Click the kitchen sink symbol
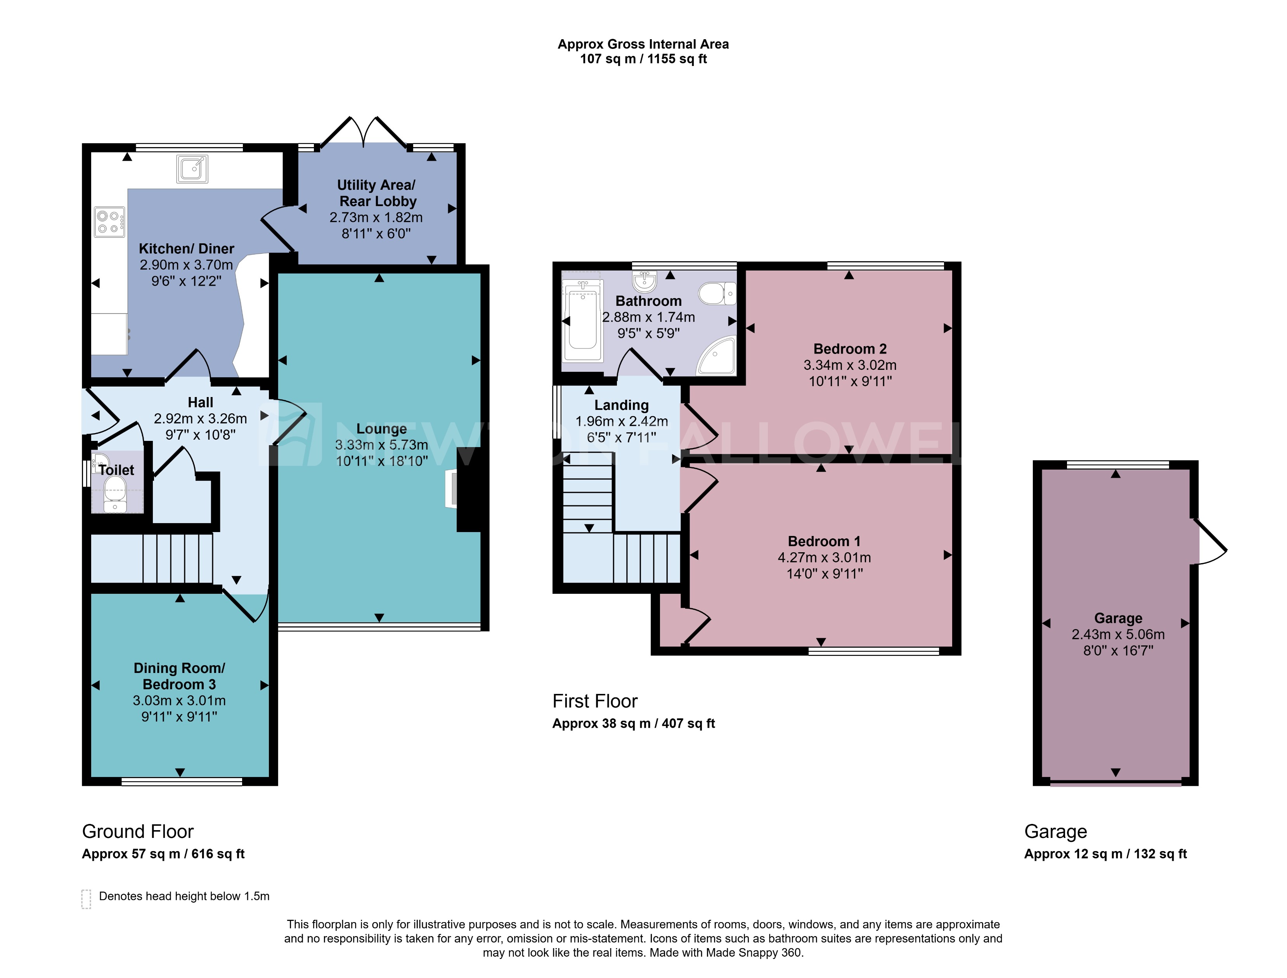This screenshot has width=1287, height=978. pos(192,169)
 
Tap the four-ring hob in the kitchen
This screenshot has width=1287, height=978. pos(109,222)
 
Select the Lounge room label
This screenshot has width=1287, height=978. pos(381,429)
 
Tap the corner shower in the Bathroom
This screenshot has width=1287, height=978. pos(717,355)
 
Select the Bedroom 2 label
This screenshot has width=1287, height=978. pos(849,349)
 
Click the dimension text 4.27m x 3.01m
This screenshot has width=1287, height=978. pos(824,557)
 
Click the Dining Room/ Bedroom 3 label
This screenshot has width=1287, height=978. pos(179,676)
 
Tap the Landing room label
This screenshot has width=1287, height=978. pos(621,405)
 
